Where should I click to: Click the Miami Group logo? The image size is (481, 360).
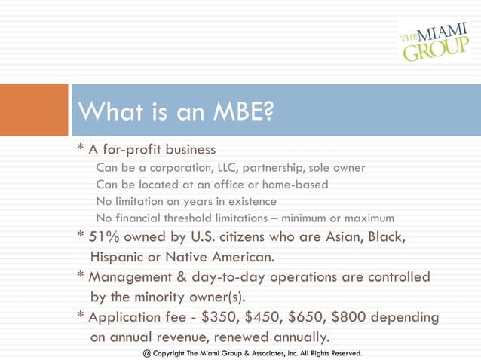click(x=433, y=39)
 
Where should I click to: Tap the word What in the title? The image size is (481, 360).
click(x=106, y=112)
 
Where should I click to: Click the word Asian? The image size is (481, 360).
click(x=339, y=237)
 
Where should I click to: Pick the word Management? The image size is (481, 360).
click(x=130, y=276)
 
